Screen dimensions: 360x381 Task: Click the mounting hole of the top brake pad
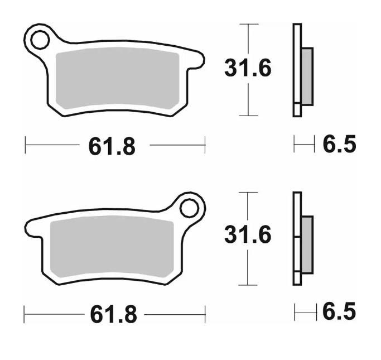click(x=40, y=40)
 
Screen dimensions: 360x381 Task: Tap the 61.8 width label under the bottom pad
click(x=113, y=315)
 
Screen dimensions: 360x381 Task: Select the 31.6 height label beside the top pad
click(x=248, y=69)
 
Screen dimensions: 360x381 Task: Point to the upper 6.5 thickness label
click(x=339, y=145)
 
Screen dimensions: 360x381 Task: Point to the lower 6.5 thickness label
click(x=339, y=311)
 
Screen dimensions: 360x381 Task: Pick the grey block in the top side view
click(x=307, y=76)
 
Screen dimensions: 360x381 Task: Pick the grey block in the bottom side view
click(x=307, y=243)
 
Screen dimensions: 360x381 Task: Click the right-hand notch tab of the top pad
click(x=195, y=61)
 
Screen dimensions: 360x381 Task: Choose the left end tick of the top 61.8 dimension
click(x=26, y=145)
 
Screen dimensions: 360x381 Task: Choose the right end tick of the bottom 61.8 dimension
click(x=205, y=314)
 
